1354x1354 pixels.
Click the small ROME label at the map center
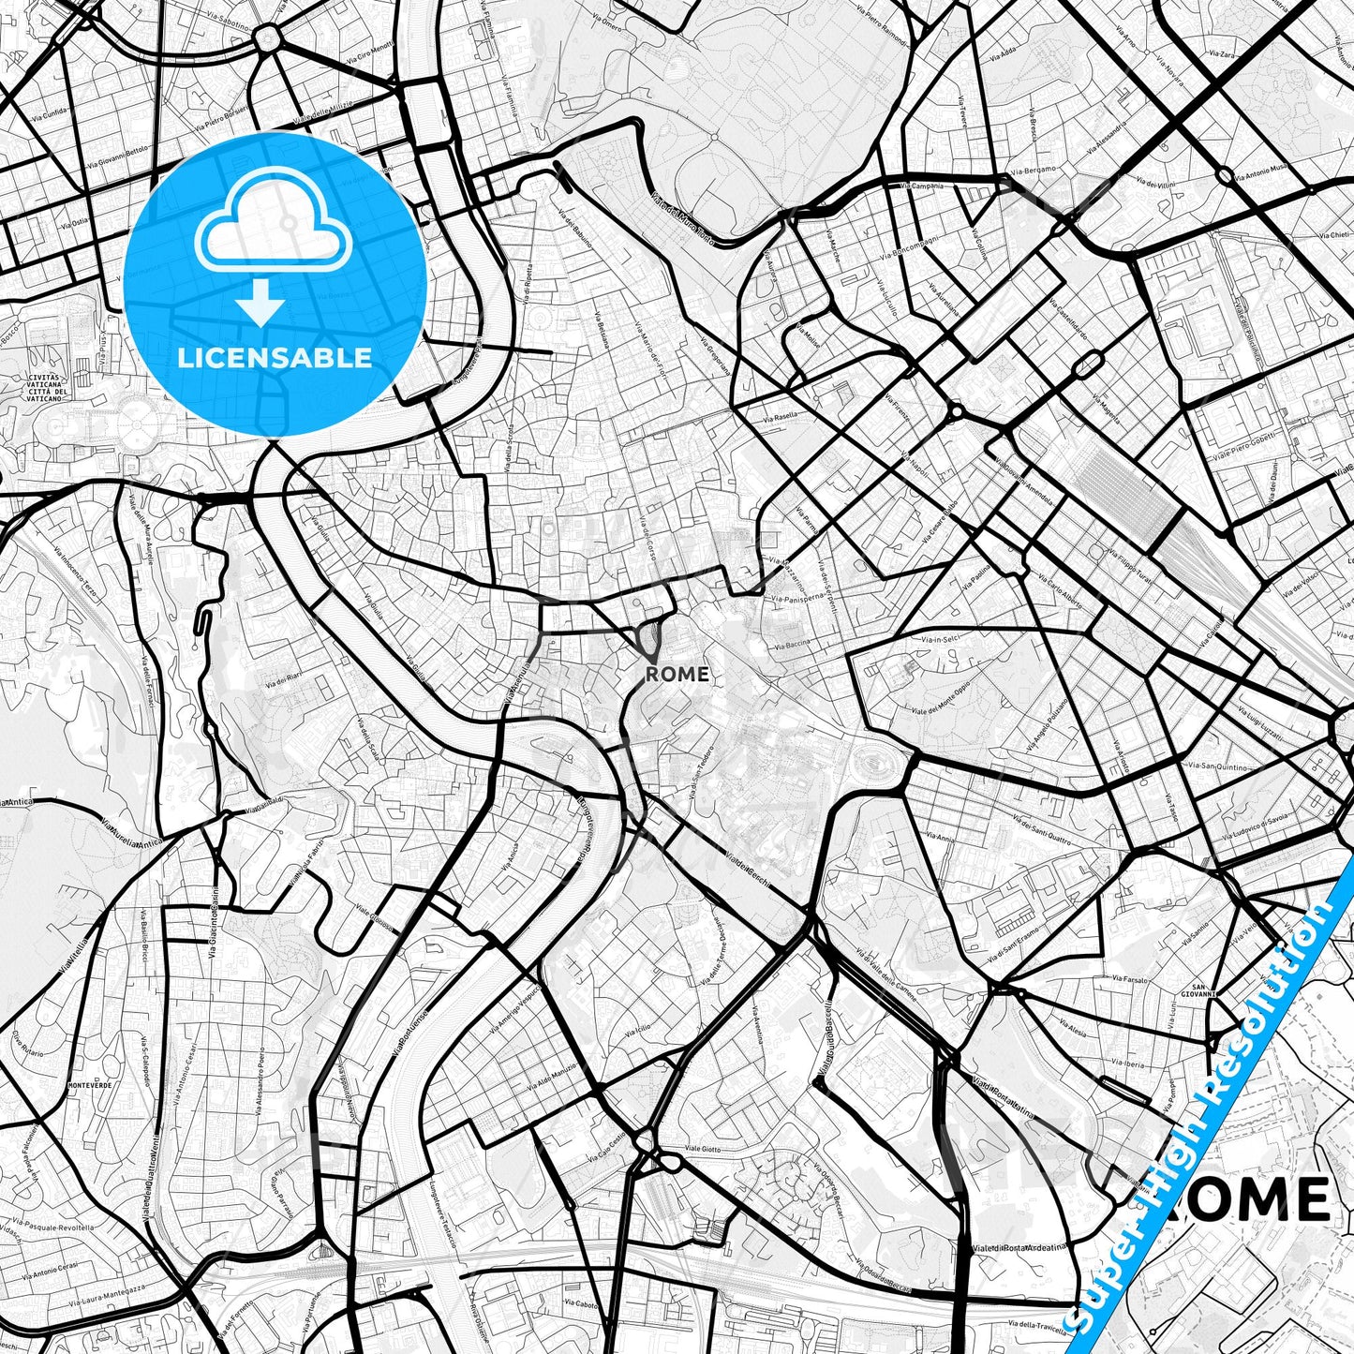click(x=677, y=674)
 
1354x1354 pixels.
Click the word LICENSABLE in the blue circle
click(x=275, y=358)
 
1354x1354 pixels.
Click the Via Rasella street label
click(x=781, y=416)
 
